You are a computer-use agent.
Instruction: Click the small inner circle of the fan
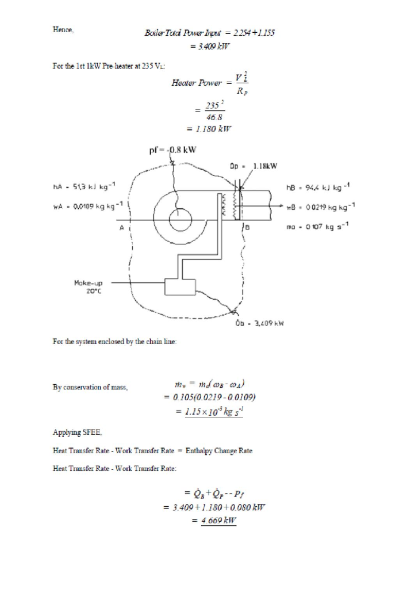[182, 220]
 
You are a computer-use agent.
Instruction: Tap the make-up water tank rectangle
[181, 286]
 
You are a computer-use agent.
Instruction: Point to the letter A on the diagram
[122, 227]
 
